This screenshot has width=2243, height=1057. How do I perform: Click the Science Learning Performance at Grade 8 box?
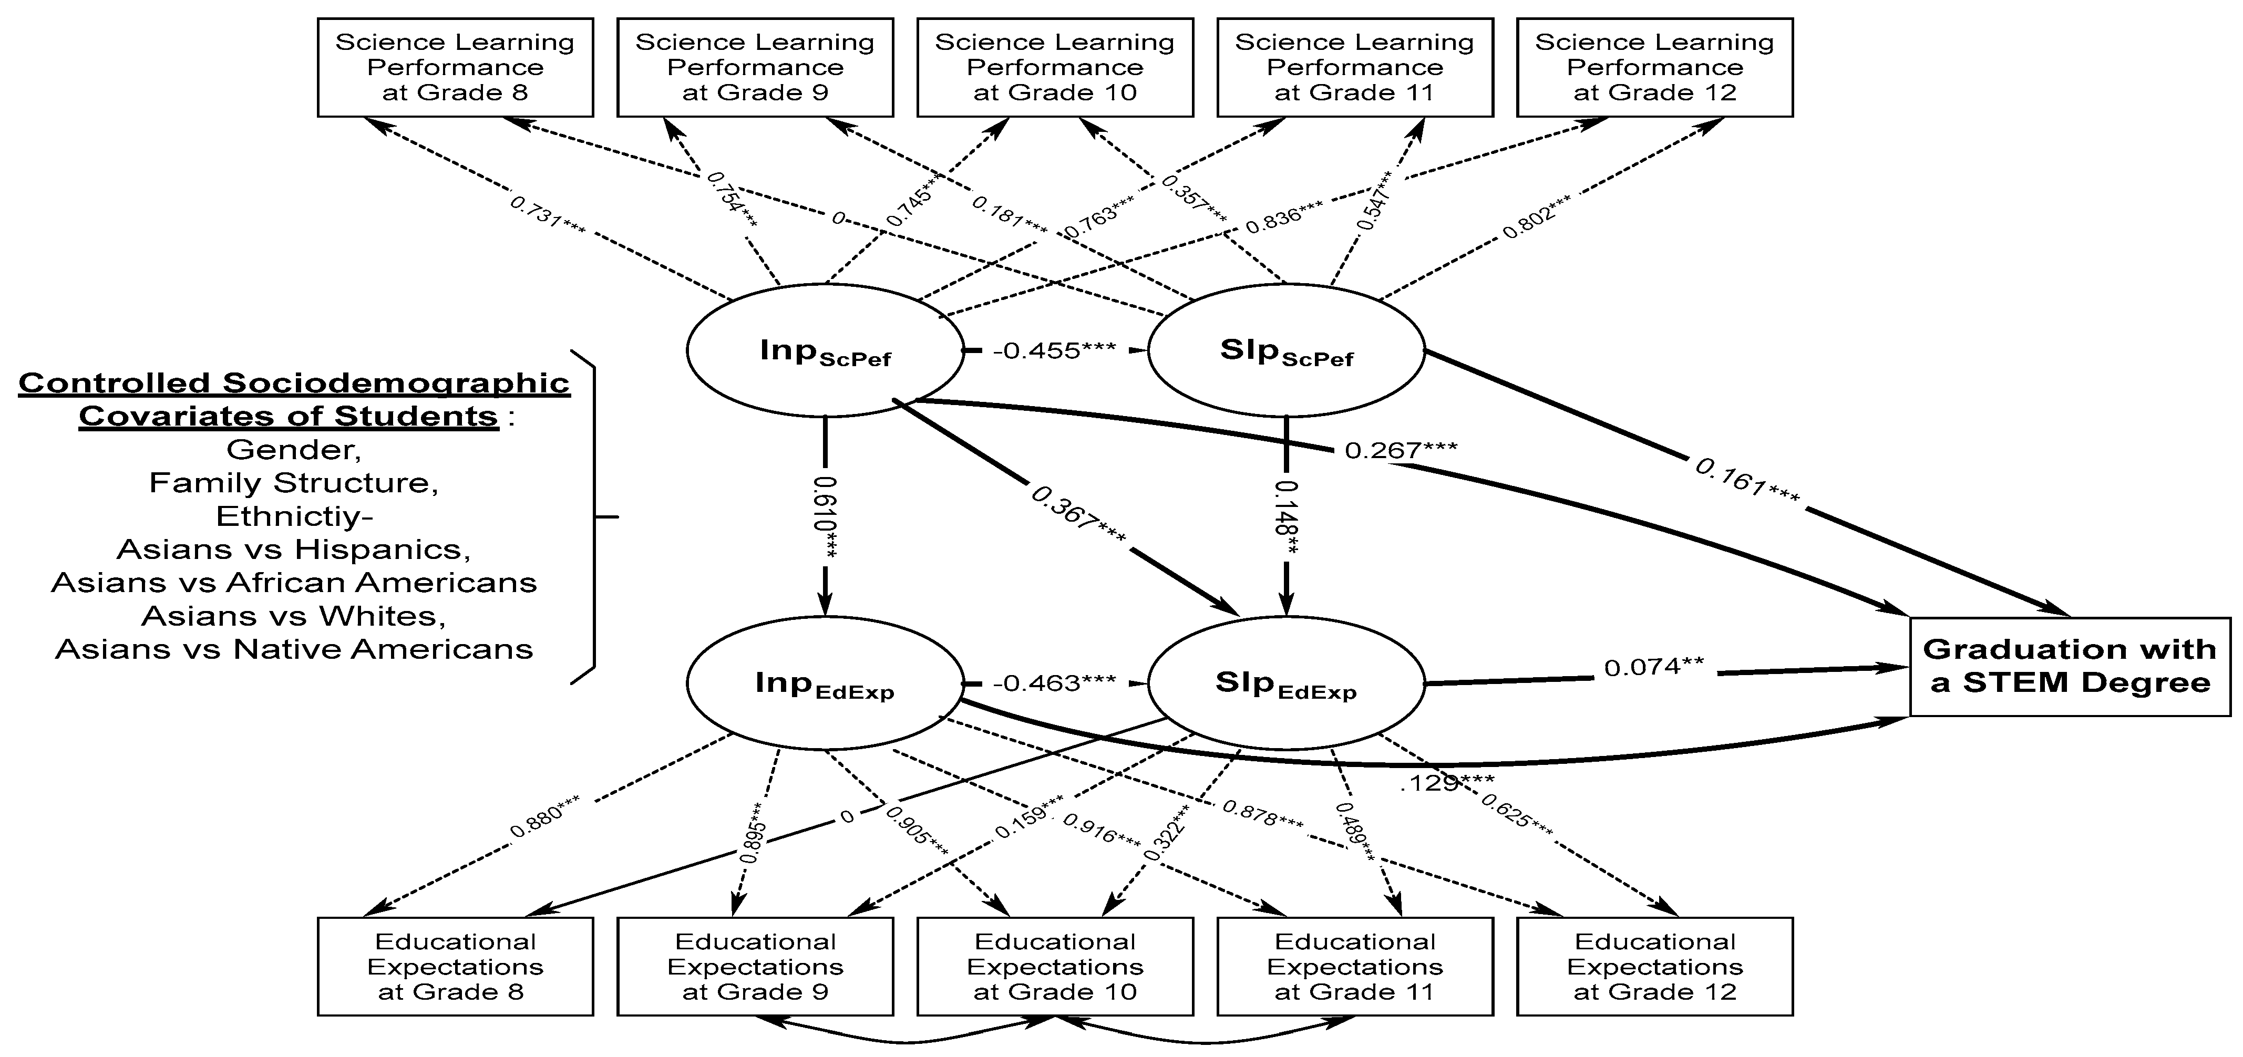(x=455, y=67)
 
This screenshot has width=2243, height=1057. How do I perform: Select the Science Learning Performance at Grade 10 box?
(x=1054, y=67)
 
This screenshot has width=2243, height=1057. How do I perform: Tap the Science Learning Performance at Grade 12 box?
(x=1654, y=67)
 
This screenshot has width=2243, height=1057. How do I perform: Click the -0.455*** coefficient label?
(x=1054, y=351)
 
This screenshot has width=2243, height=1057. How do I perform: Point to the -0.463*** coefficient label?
(x=1054, y=682)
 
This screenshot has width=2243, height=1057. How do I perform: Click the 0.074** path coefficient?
(x=1653, y=668)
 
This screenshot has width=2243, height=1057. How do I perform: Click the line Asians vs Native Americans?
(x=293, y=649)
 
